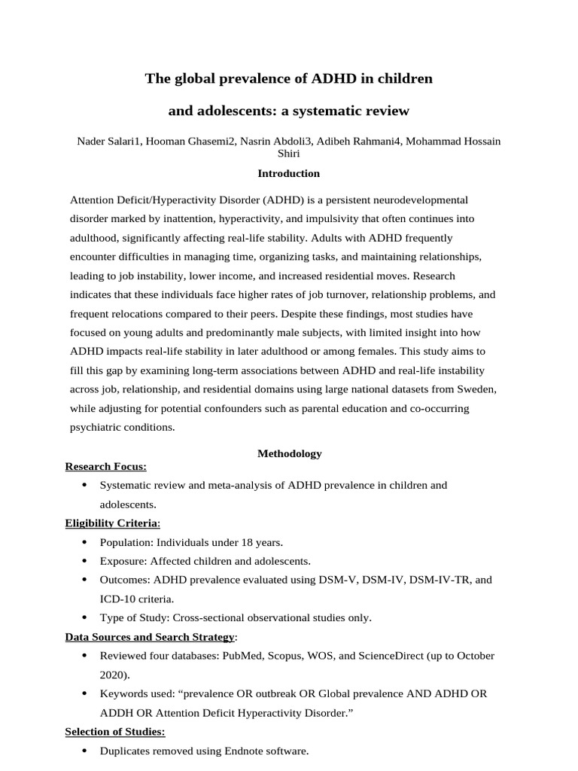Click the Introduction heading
(x=289, y=173)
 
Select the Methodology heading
(x=289, y=453)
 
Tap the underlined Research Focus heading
(x=106, y=466)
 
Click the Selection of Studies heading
(x=115, y=732)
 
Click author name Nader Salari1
(x=108, y=142)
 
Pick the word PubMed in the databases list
(x=239, y=656)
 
